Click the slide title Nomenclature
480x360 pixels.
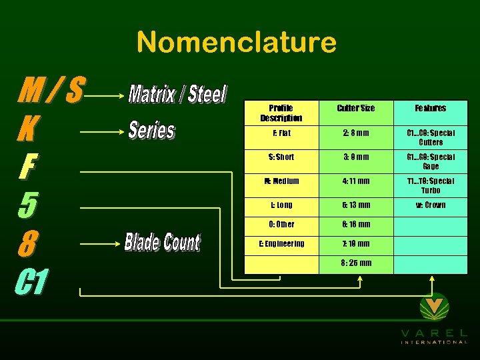coord(236,43)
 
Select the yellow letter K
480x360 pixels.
coord(28,129)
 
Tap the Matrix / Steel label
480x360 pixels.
coord(177,95)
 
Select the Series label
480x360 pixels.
coord(151,130)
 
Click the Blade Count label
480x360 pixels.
coord(162,242)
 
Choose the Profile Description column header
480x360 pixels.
coord(281,113)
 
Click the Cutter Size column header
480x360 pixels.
coord(356,108)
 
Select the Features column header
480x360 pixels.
coord(431,108)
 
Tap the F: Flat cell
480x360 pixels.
coord(281,133)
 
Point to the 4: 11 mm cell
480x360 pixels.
coord(356,181)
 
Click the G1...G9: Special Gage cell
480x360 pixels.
coord(431,161)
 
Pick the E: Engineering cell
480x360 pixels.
coord(281,243)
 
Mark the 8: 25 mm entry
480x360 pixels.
coord(356,263)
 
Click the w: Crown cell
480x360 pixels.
coord(431,205)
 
